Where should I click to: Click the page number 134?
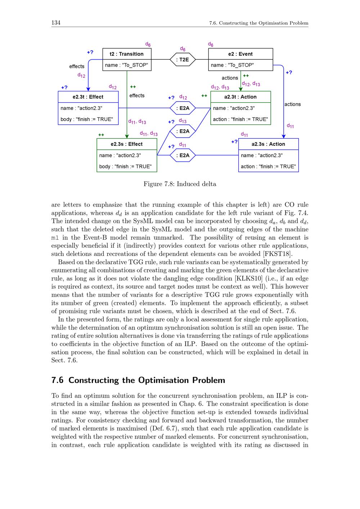[x=56, y=23]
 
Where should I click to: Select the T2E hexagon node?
[x=183, y=59]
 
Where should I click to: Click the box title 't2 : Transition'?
[x=127, y=54]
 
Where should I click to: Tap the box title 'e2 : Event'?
[x=240, y=54]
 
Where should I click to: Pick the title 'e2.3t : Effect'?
[x=88, y=97]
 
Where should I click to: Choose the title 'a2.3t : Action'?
[x=240, y=97]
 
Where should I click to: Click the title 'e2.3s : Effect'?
[x=127, y=144]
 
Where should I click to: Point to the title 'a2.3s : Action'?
[x=268, y=144]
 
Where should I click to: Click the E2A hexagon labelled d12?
[x=183, y=108]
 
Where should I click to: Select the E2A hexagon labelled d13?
[x=183, y=131]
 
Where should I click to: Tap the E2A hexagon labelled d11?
[x=183, y=156]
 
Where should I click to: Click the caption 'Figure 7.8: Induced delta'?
[x=180, y=184]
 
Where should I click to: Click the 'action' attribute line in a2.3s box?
[x=268, y=166]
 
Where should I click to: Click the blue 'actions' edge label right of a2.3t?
[x=292, y=104]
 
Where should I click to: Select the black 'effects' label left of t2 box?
[x=77, y=66]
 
